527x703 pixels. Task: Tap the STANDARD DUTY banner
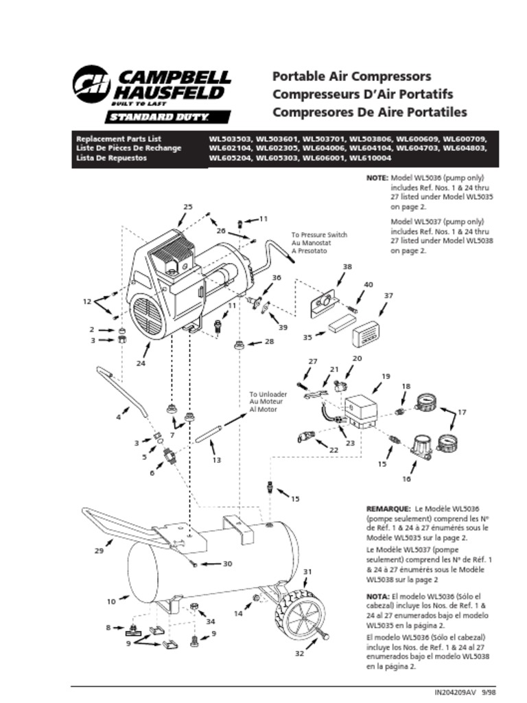pos(167,117)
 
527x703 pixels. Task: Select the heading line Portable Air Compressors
pos(351,76)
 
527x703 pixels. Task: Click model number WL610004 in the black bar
pos(372,158)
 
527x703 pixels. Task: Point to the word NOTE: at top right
pos(377,177)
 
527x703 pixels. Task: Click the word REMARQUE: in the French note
pos(389,508)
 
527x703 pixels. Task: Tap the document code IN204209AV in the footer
pos(455,693)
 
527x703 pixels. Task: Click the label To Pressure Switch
pos(319,235)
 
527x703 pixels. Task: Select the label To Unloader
pos(268,395)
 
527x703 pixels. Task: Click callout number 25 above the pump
pos(188,207)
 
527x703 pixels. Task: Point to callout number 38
pos(347,266)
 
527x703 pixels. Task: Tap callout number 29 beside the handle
pos(99,551)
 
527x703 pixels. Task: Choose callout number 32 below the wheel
pos(299,654)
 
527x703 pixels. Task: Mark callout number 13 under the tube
pos(216,459)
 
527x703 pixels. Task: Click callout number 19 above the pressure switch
pos(386,376)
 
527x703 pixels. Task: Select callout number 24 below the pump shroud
pos(140,363)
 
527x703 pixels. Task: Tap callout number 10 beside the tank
pos(112,601)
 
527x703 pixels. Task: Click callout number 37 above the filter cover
pos(388,295)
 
